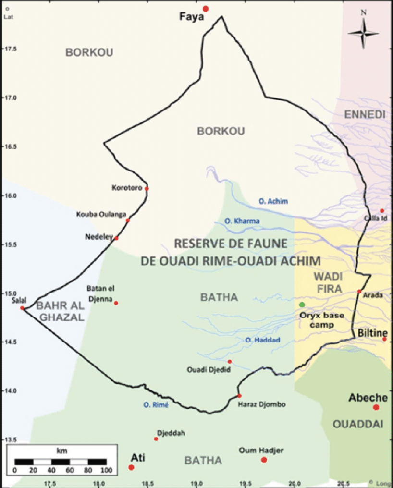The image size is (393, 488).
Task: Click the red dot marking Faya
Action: pyautogui.click(x=206, y=9)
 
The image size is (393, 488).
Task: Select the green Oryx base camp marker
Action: pyautogui.click(x=302, y=305)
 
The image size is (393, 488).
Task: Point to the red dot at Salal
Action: pyautogui.click(x=22, y=308)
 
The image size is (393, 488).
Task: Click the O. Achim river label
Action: pyautogui.click(x=273, y=202)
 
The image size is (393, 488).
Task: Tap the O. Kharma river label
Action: pyautogui.click(x=242, y=221)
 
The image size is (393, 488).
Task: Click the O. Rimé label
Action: pyautogui.click(x=154, y=405)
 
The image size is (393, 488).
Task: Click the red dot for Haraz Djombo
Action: pyautogui.click(x=239, y=396)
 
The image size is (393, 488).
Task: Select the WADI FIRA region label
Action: pyautogui.click(x=327, y=282)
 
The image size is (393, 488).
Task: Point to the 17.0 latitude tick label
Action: pyautogui.click(x=10, y=98)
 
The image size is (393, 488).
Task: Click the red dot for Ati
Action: pyautogui.click(x=131, y=467)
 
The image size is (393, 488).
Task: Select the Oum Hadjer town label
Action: pyautogui.click(x=261, y=450)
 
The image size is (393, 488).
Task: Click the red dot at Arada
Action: pyautogui.click(x=359, y=291)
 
